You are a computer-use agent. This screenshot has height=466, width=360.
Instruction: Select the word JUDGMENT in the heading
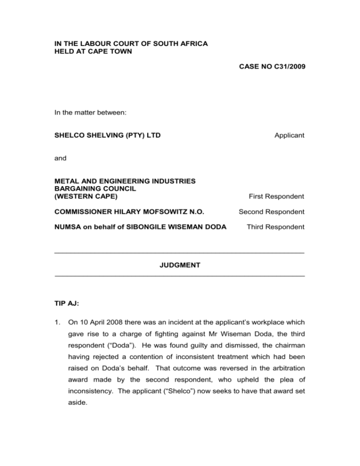click(x=180, y=265)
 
